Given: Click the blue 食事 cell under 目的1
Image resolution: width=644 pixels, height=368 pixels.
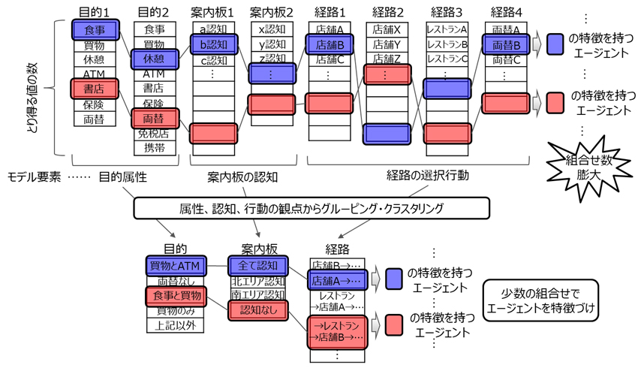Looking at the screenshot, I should (95, 30).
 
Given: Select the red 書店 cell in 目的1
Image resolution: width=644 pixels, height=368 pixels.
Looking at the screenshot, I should (95, 89).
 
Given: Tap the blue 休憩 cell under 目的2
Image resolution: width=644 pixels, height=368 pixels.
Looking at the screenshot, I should (154, 59).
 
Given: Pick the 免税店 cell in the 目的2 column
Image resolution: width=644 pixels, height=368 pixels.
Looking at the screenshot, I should (154, 133).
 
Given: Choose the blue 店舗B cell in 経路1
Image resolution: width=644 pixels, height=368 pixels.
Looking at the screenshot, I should (331, 44).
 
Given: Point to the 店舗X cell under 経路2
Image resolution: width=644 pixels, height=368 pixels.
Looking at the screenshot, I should (387, 30).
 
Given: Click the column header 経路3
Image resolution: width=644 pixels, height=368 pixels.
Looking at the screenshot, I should (447, 13).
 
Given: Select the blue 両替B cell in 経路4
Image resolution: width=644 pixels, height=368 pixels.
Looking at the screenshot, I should (506, 44).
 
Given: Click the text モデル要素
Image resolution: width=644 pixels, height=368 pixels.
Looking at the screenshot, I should (34, 177).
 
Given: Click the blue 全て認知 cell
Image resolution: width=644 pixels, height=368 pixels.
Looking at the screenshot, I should (257, 265).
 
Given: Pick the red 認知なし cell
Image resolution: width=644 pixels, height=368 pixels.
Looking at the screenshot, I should (257, 309).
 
